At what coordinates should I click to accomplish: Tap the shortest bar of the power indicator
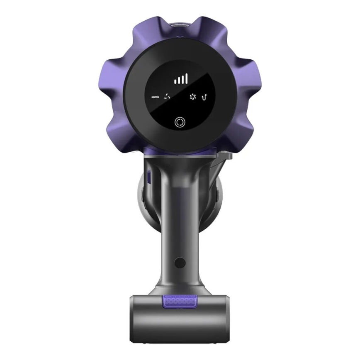tap(175, 81)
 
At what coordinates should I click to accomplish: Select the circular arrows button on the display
tap(180, 122)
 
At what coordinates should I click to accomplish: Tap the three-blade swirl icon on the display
tap(167, 97)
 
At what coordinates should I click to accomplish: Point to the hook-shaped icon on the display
tap(204, 97)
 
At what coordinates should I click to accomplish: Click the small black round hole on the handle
tap(180, 262)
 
